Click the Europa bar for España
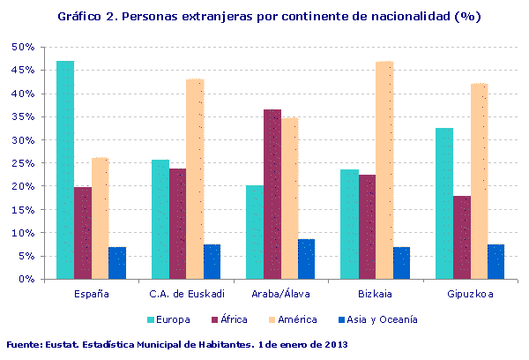(65, 170)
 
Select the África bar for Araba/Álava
(272, 194)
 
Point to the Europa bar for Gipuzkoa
(444, 204)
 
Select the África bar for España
(83, 233)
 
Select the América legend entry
(293, 319)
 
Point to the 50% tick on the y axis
(23, 47)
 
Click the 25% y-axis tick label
(23, 163)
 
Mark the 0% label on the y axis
(26, 280)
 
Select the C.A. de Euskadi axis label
(186, 294)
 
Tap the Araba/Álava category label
(281, 294)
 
